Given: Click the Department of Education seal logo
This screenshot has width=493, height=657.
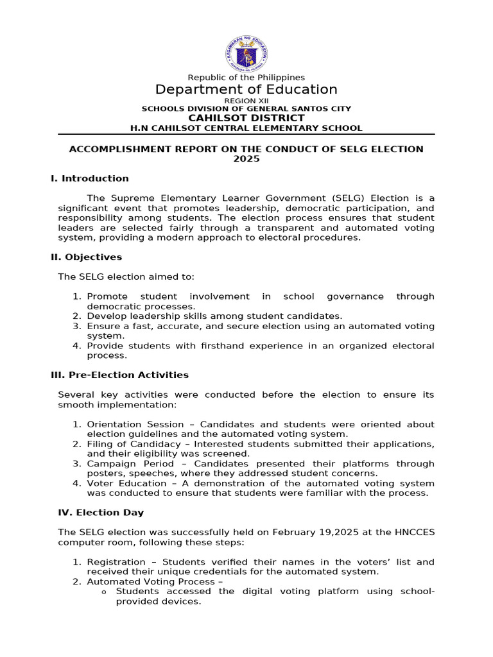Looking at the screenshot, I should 246,53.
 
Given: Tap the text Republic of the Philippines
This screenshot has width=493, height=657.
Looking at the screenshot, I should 246,77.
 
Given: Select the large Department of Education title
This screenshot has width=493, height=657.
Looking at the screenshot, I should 246,89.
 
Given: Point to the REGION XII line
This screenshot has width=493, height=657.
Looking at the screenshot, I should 246,101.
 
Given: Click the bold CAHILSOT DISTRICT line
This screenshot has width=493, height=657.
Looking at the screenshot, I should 246,118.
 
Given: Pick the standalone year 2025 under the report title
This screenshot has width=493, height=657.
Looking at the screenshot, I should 246,158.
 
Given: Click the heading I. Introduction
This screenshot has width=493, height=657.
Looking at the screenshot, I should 90,178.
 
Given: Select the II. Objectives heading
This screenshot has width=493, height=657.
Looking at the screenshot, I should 86,257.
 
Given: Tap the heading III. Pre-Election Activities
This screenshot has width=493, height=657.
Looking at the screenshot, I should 119,375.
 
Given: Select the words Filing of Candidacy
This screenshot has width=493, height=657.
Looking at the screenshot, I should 136,444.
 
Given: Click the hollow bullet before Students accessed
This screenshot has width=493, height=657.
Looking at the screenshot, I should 104,592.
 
